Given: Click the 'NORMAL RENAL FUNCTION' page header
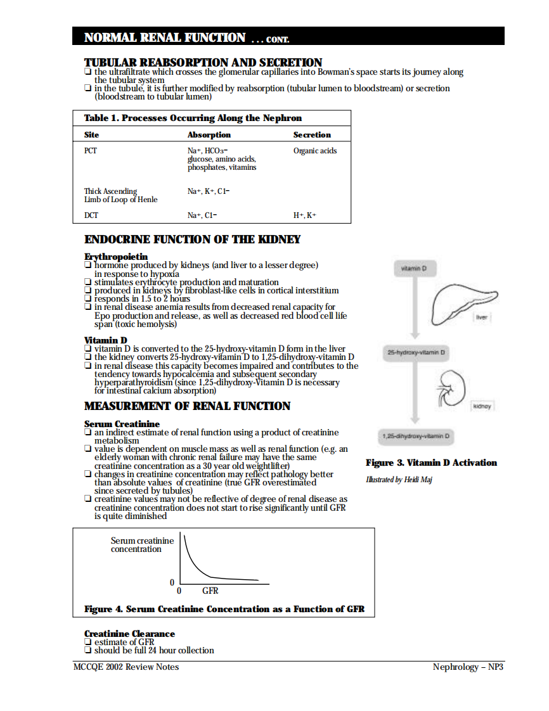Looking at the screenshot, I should point(165,37).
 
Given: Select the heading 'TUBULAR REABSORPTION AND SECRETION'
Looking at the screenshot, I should point(203,62).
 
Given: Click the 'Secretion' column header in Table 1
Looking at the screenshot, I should point(312,135).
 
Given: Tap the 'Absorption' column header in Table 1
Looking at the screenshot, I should point(209,135).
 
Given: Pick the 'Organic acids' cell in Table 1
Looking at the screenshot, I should point(315,151).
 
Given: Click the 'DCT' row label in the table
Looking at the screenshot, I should point(91,215).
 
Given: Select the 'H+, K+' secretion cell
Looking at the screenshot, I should point(305,215).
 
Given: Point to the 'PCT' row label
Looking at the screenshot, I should point(91,151).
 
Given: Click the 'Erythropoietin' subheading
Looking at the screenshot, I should point(116,257).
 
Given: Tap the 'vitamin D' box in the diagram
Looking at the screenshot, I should point(415,269).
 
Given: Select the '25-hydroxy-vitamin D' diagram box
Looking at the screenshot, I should point(416,352).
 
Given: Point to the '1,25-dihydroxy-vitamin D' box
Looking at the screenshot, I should point(416,437).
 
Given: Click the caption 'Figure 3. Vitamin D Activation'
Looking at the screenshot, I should point(431,463).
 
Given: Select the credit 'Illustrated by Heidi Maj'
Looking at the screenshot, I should point(399,480).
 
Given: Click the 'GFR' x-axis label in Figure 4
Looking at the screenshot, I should point(210,591).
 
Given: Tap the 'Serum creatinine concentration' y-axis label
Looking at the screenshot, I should point(142,545).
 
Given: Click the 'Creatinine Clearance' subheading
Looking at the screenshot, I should point(129,634).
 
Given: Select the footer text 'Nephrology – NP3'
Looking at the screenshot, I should point(468,667).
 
